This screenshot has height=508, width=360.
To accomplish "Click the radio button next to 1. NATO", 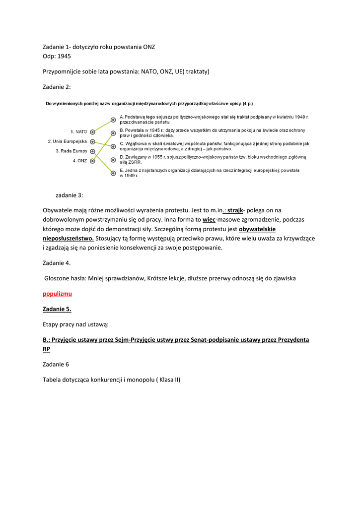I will tap(93, 132).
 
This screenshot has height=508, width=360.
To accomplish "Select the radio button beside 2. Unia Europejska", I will tap(93, 141).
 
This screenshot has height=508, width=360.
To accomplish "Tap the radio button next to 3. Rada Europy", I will tap(93, 151).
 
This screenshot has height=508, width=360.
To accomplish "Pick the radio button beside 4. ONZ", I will tap(93, 161).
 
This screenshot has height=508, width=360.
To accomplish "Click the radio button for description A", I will tap(113, 120).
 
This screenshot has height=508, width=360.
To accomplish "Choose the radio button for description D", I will tap(113, 160).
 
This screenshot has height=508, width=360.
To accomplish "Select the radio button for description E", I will tap(113, 173).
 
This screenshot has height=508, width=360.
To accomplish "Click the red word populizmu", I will tap(57, 294).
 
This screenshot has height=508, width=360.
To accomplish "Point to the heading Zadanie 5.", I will tap(57, 309).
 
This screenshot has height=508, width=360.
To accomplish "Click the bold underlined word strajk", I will tap(235, 210).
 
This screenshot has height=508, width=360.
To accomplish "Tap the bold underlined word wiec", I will tap(209, 219).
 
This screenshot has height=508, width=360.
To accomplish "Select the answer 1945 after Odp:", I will tap(64, 56).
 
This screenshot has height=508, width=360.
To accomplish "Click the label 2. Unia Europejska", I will tap(68, 141).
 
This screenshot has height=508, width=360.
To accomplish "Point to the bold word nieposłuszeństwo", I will tap(69, 238).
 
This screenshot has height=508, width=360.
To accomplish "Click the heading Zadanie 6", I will tap(56, 364).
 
